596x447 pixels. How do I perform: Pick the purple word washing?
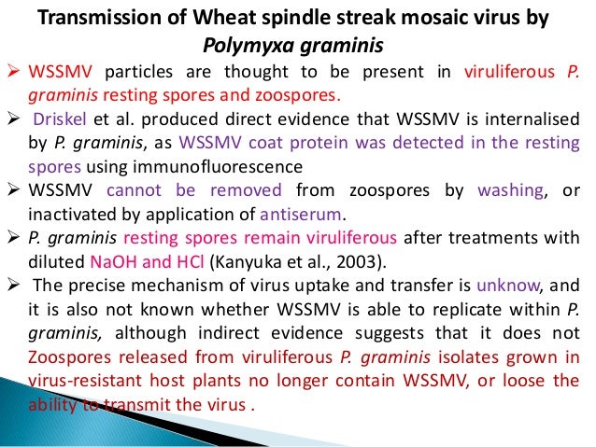tap(504, 189)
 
